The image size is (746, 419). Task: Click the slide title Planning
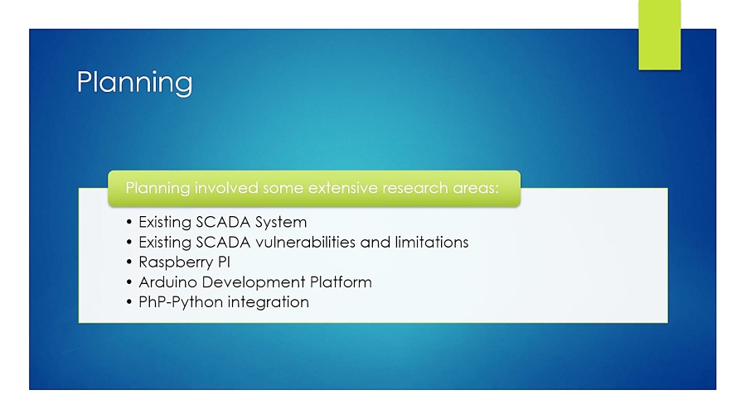tap(134, 82)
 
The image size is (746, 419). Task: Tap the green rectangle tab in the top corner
tap(659, 35)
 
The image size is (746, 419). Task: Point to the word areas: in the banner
tap(476, 188)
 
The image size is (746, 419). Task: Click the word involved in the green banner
tap(226, 188)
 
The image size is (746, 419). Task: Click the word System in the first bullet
tap(281, 222)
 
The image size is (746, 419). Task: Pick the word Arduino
tap(165, 282)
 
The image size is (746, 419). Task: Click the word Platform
tap(340, 282)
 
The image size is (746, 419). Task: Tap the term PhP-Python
tap(181, 302)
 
